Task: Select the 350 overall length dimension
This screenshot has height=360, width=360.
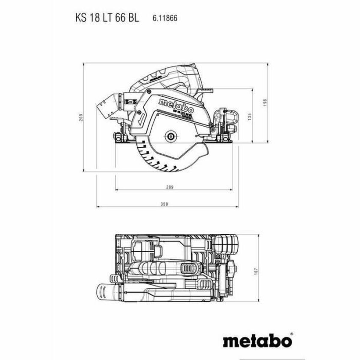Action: pos(164,204)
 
